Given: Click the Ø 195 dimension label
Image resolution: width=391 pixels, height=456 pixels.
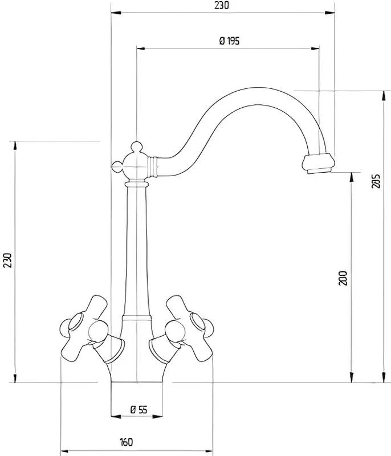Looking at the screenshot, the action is pos(229,41).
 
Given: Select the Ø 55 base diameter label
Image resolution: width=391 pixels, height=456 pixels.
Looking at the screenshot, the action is pos(139,410).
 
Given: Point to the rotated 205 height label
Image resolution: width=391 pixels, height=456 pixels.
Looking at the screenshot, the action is pos(376,181).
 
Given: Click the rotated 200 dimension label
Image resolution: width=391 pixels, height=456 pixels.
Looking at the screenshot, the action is pos(343,278).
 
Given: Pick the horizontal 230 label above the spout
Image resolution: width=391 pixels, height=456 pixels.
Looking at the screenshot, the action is pos(222,5).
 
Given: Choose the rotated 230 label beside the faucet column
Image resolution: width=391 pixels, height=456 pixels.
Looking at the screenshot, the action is pos(7,260).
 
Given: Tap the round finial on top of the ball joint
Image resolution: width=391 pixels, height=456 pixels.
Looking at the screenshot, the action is pos(136,146).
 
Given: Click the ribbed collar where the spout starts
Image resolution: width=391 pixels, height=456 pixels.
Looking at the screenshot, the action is pos(153,166).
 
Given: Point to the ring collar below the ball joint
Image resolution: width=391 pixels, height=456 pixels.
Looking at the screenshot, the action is pos(137,184).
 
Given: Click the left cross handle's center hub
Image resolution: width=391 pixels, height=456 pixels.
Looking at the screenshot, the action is pos(97,331).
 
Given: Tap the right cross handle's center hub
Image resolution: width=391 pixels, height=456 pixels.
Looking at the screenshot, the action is pos(175,331).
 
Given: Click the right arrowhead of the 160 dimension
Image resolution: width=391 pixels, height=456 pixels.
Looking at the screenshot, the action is pos(208,451).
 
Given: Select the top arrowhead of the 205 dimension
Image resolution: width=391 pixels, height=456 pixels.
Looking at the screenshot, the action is pos(384,96).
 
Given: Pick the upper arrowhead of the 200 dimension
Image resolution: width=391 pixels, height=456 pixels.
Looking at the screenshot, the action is pos(352,177).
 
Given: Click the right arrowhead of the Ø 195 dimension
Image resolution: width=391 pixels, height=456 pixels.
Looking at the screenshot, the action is pos(315,48).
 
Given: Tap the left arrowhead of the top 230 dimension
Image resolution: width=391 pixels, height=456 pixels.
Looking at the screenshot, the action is pos(116,13).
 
